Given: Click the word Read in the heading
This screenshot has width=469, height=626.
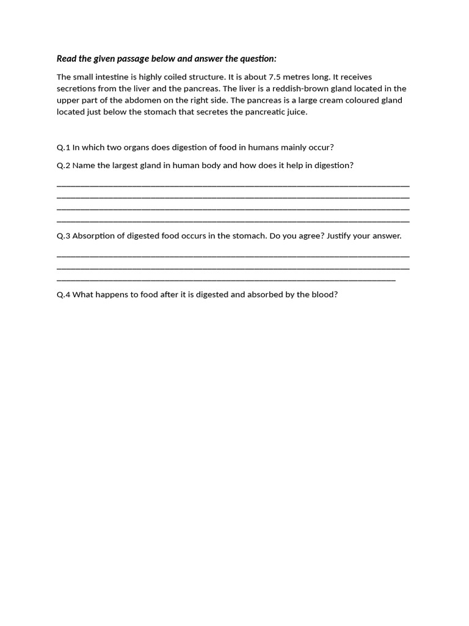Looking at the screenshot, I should click(67, 59).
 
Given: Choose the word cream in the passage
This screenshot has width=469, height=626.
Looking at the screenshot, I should click(318, 100).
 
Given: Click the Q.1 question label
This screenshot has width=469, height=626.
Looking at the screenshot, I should click(64, 147).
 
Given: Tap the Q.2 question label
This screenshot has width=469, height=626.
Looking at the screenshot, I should click(64, 165).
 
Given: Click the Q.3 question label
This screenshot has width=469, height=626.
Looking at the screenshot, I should click(64, 235).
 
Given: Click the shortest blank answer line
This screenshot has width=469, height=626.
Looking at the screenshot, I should click(226, 280).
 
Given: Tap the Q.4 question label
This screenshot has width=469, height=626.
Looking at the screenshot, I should click(64, 294).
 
